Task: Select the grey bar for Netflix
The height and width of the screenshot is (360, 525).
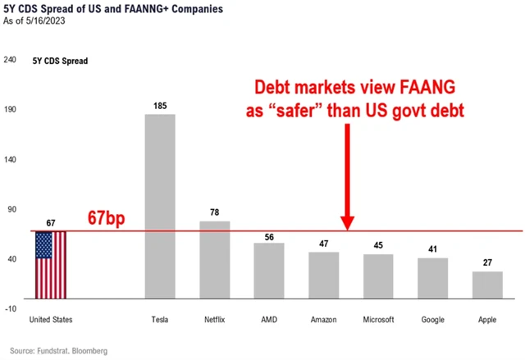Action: point(215,259)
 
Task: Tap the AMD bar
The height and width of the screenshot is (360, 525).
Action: point(269,270)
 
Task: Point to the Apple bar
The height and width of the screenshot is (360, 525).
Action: point(487,284)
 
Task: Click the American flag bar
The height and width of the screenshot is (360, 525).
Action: point(50,264)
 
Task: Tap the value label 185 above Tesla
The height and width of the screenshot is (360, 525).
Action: point(160,107)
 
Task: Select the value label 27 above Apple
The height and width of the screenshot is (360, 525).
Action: point(487,264)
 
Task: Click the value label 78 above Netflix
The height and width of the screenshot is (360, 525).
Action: point(215,213)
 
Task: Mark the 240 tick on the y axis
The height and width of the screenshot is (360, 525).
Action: point(11,60)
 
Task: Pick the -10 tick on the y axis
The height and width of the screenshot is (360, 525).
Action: point(11,308)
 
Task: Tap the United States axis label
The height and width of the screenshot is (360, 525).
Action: point(50,320)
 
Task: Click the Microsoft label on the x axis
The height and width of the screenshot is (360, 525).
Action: point(378,320)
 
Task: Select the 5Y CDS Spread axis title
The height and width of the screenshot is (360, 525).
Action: point(59,61)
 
